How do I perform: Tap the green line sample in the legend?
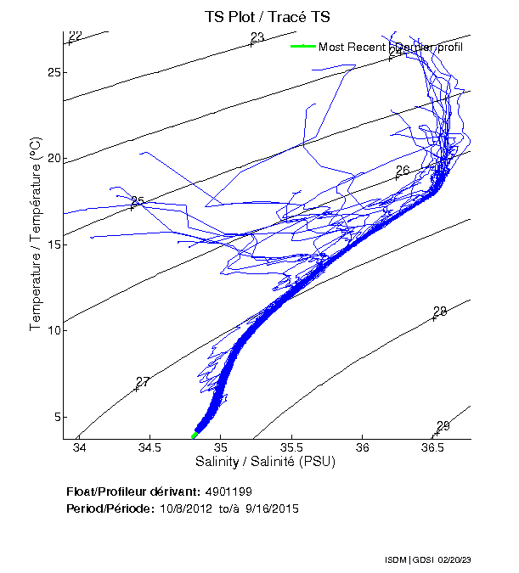302,47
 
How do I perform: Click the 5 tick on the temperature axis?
56,417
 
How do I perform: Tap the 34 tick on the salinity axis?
79,447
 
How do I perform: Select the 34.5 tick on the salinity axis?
149,447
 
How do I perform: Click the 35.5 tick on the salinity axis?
291,447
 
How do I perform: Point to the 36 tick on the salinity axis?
363,447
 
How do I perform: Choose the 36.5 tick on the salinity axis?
433,447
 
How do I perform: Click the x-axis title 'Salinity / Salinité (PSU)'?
266,463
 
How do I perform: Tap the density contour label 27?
143,382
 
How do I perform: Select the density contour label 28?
439,312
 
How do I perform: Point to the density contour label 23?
257,37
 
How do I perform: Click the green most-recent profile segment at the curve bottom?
195,435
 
